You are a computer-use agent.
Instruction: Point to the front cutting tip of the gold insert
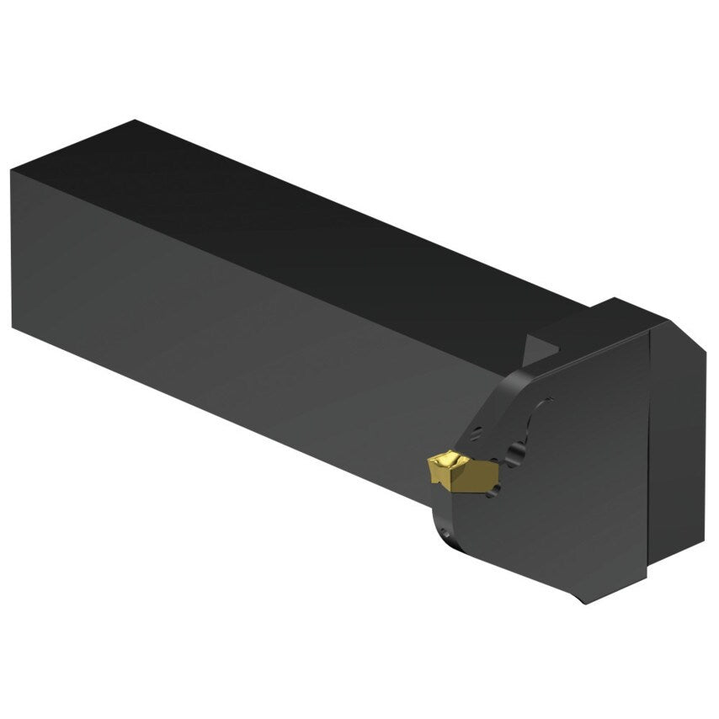[429, 463]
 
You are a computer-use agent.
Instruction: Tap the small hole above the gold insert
[477, 434]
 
